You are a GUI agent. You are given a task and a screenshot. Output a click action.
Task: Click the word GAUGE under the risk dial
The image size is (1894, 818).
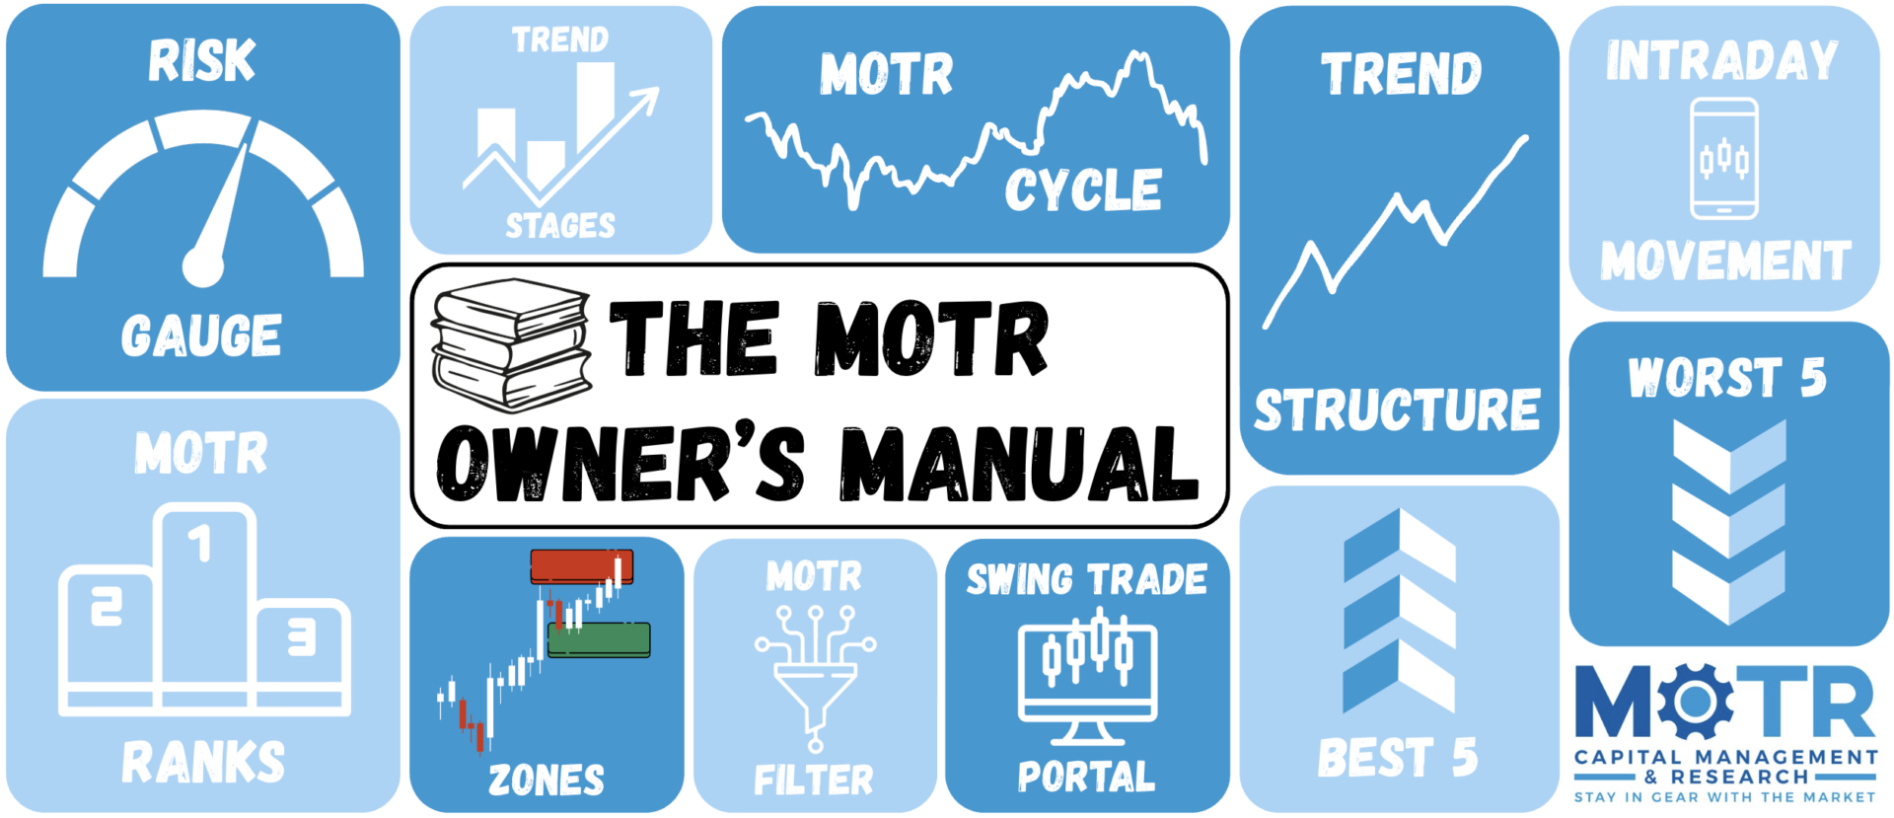pos(201,335)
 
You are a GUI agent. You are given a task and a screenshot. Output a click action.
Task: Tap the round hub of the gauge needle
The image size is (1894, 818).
pos(203,266)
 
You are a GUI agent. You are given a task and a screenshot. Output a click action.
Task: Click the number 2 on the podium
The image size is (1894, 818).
pos(107,606)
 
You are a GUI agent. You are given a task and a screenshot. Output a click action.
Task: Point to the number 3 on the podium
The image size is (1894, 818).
pos(302,637)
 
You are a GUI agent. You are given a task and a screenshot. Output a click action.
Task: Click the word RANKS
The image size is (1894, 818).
pos(203,763)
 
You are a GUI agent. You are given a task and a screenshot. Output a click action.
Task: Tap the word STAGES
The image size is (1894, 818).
pos(560,226)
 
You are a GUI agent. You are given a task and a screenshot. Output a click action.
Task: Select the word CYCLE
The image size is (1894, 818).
pos(1083,189)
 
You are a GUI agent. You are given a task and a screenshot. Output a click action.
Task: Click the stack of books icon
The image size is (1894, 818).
pos(511,345)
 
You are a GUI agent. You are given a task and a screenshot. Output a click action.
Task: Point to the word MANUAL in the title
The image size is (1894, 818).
pos(1019,463)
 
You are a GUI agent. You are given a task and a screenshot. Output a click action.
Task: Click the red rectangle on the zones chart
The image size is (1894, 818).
pos(582,566)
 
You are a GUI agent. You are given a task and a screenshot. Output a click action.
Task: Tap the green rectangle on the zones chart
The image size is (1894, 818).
pos(599,639)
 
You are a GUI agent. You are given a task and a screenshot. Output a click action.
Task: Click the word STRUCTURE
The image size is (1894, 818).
pos(1397,409)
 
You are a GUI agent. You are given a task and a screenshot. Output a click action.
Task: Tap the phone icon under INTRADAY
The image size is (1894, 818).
pos(1723,158)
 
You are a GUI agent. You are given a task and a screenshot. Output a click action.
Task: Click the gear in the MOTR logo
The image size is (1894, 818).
pos(1695,702)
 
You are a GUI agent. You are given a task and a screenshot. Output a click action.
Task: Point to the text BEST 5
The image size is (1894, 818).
pos(1398,758)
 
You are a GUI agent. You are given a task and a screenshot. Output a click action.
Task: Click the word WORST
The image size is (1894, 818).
pos(1706,378)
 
